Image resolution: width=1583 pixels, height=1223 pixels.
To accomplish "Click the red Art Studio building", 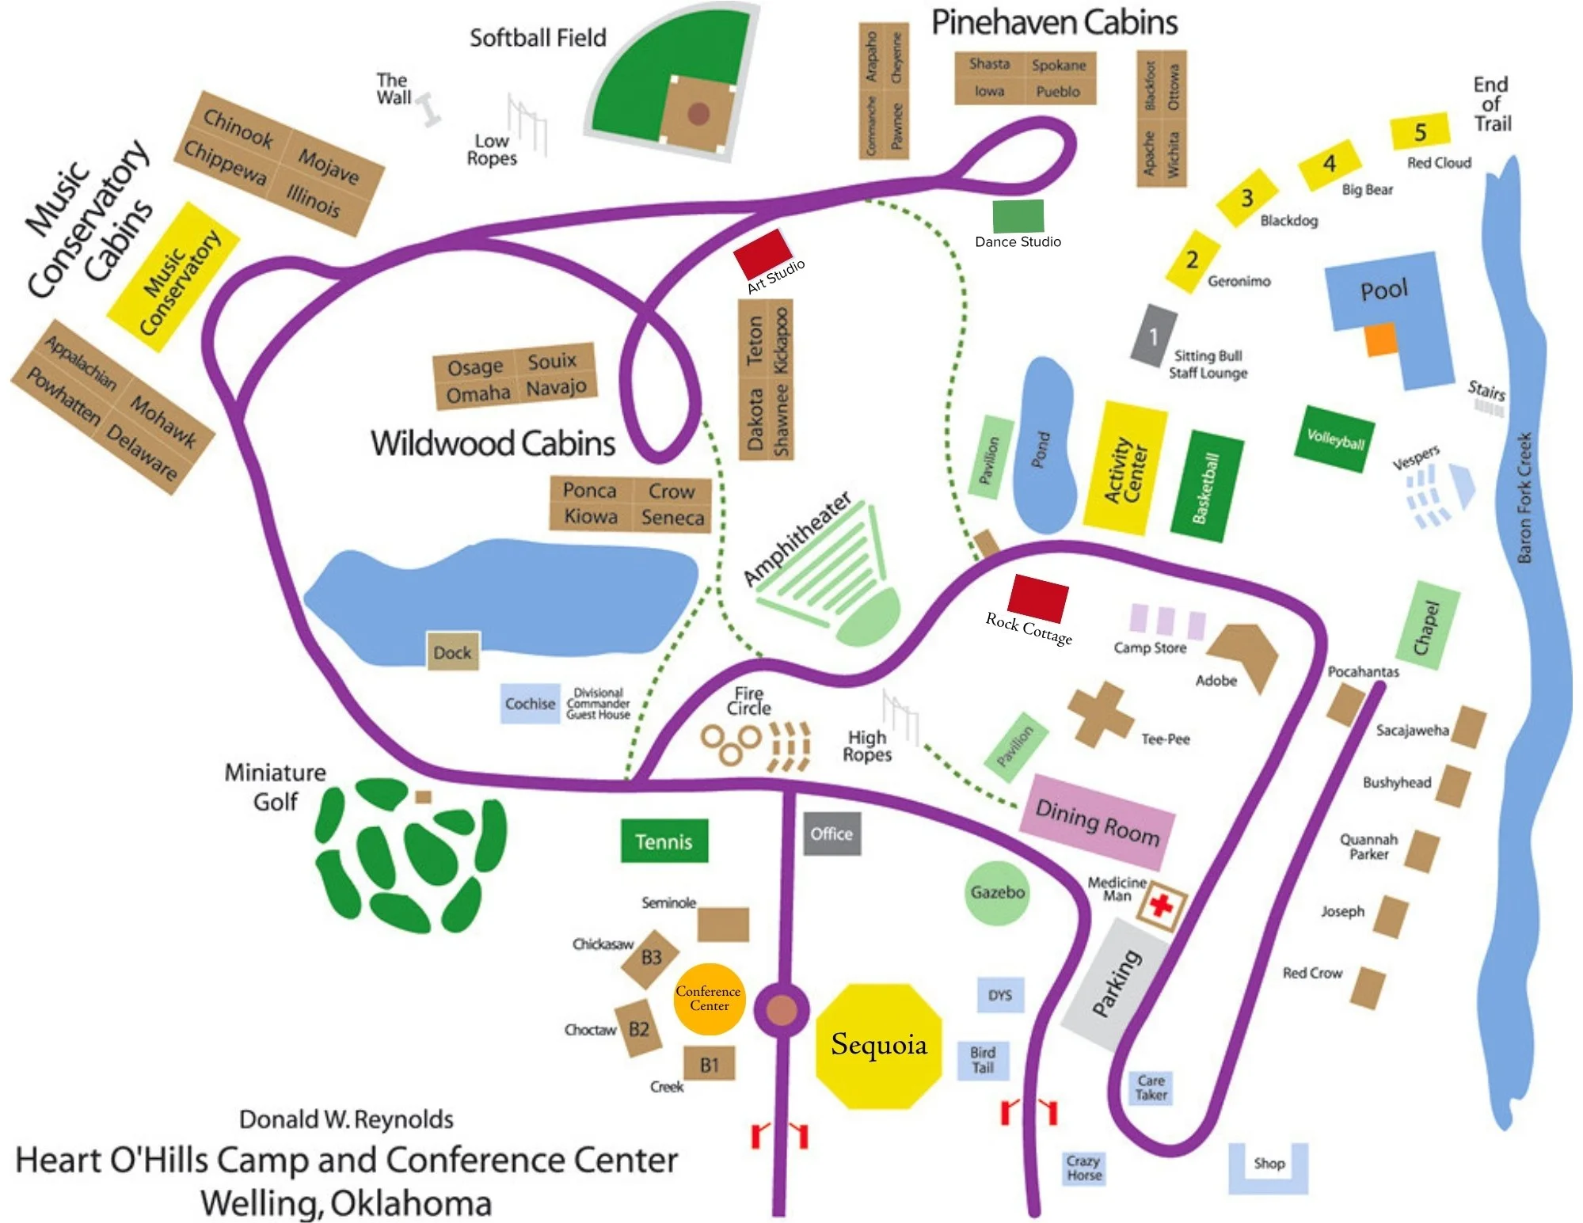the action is (763, 253).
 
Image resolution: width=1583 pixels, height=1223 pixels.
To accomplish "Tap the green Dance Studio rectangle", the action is (1018, 216).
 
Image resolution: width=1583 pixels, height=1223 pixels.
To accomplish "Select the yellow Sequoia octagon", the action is (879, 1046).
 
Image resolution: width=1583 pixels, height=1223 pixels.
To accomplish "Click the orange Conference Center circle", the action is (709, 999).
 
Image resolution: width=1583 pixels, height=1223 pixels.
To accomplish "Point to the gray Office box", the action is (831, 834).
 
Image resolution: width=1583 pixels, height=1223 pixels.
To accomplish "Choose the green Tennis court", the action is (664, 841).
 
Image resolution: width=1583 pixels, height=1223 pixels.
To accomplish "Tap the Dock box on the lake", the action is (452, 651).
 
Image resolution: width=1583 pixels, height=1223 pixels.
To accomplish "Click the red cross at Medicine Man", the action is (1161, 904).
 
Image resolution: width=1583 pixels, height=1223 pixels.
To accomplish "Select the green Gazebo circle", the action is (997, 892).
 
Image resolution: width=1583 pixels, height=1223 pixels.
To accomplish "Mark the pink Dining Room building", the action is (1097, 822).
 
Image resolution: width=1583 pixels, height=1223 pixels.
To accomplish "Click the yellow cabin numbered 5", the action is (1420, 131).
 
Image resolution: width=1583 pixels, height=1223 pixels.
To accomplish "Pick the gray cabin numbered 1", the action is (1153, 335).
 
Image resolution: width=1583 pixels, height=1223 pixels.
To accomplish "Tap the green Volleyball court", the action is (1335, 439).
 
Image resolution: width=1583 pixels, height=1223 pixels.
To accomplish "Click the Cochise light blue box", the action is (530, 703).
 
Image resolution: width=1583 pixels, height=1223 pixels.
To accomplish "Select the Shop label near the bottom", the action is (1269, 1163).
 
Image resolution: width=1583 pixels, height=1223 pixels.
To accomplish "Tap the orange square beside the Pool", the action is (1380, 339).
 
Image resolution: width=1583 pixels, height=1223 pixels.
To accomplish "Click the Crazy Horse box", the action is (1083, 1168).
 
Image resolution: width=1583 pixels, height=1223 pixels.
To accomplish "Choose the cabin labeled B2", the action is (637, 1027).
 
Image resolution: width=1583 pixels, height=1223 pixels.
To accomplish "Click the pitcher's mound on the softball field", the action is (698, 114).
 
